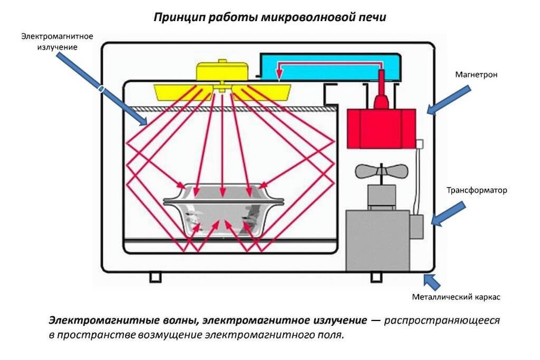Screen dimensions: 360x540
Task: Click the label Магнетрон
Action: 477,75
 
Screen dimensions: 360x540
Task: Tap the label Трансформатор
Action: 477,190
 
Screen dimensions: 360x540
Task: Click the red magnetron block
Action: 381,127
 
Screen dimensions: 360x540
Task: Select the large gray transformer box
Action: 378,240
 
